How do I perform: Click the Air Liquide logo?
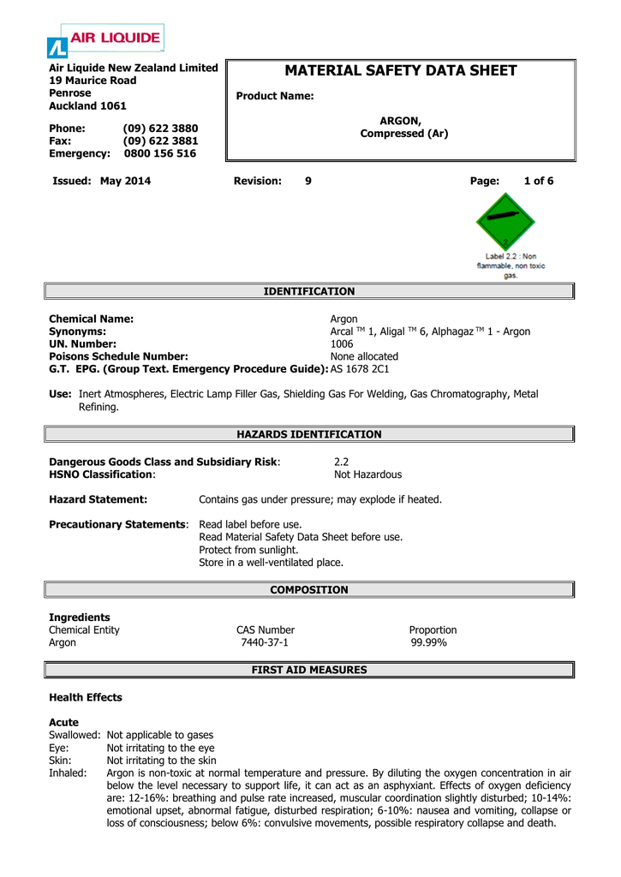(104, 40)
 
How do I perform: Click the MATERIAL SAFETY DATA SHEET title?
(401, 70)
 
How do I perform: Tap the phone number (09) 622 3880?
(160, 128)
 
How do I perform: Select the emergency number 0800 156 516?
(160, 153)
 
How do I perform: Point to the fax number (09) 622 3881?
(160, 140)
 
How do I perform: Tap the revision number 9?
(308, 181)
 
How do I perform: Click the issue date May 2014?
(125, 181)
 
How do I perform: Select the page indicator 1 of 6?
(539, 181)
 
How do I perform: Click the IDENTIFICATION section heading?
(309, 292)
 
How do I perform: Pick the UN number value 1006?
(342, 343)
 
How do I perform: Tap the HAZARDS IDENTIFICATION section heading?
(309, 434)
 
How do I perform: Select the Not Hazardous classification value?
(367, 474)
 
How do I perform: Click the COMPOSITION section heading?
(309, 590)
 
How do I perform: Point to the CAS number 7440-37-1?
(265, 641)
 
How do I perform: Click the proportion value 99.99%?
(428, 641)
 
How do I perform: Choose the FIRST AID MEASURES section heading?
(309, 670)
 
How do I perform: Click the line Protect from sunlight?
(248, 550)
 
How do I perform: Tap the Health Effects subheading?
(86, 697)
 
